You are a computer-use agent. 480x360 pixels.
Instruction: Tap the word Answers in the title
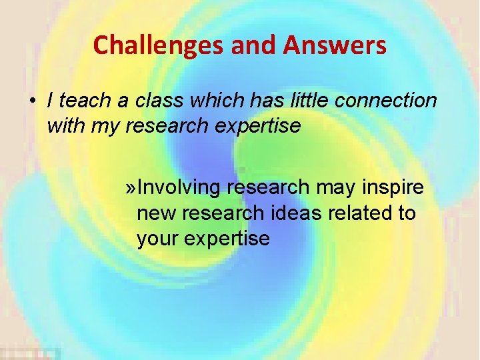coord(335,45)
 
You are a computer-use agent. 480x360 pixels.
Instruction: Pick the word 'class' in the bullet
coord(161,101)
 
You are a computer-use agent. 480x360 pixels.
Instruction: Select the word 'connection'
coord(387,101)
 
